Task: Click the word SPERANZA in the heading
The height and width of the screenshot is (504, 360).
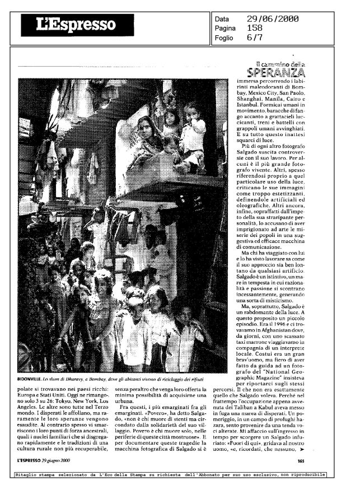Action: click(278, 73)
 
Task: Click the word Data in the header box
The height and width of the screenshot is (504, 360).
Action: click(222, 19)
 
